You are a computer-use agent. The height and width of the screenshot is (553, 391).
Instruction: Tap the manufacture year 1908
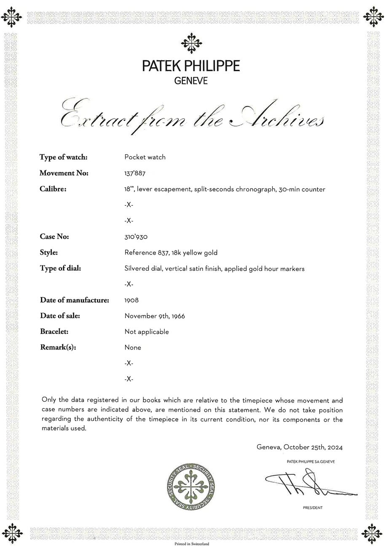tap(131, 300)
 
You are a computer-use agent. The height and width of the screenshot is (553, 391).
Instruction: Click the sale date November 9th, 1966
tap(155, 316)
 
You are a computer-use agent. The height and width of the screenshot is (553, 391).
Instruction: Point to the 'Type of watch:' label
tap(64, 157)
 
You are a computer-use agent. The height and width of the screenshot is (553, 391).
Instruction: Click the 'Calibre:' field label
tap(53, 189)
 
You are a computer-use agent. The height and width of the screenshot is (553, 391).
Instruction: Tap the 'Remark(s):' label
tap(59, 347)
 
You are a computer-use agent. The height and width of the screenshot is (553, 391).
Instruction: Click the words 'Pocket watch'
tap(145, 157)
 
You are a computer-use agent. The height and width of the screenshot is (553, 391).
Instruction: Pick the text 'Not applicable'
tap(147, 332)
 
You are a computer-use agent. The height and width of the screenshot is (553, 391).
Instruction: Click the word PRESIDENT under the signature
tap(313, 508)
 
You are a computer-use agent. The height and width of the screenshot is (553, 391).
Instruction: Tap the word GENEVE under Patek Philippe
tap(191, 81)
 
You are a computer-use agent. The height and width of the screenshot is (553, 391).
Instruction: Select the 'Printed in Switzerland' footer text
tap(192, 544)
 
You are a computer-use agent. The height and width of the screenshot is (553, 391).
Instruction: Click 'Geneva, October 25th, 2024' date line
tap(303, 447)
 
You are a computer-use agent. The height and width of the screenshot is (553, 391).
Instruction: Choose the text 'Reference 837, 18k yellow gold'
tap(171, 253)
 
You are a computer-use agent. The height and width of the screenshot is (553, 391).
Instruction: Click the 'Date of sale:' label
tap(60, 316)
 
